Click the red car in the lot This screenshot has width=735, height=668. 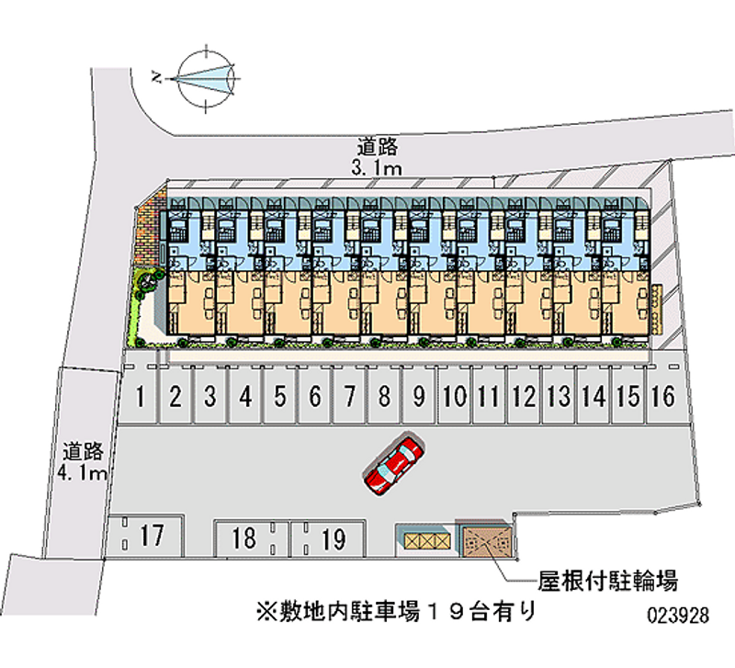394,464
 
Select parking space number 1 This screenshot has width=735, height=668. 140,397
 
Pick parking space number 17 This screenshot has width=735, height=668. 153,534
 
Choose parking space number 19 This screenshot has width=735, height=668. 333,538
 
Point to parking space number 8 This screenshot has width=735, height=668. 385,397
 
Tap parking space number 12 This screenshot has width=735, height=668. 524,397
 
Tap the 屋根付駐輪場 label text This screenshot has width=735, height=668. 608,581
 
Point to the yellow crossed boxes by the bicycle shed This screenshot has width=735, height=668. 424,541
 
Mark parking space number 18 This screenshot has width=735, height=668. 243,538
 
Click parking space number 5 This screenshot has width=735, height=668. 280,397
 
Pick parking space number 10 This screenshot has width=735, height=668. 454,397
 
